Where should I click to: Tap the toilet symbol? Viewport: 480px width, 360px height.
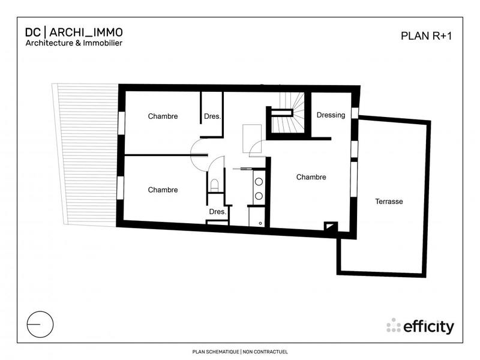tap(214, 184)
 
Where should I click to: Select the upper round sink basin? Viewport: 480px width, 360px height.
tap(259, 181)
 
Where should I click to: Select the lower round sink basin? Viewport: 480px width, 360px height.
tap(259, 195)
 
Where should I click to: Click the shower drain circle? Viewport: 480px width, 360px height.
tap(260, 223)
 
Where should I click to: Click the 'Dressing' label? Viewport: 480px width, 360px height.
tap(331, 115)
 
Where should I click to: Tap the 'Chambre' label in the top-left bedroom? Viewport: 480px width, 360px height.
tap(163, 116)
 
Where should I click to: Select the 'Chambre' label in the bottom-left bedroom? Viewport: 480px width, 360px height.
tap(163, 190)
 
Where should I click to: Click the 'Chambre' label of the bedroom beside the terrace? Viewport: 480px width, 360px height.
tap(311, 177)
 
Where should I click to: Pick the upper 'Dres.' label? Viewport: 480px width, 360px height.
tap(212, 116)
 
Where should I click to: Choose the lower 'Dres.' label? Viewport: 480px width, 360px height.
tap(217, 212)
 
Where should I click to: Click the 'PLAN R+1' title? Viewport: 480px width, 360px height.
tap(425, 35)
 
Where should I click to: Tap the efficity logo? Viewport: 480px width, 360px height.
tap(420, 326)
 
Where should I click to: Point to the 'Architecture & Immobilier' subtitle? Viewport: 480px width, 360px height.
tap(74, 43)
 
